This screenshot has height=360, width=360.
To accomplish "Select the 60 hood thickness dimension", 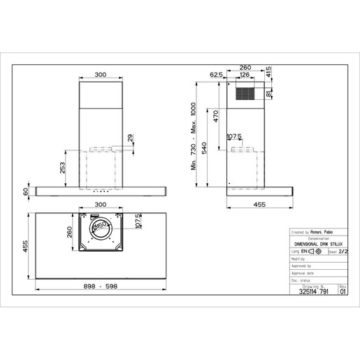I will pyautogui.click(x=27, y=191).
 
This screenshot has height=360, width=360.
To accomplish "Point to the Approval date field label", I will pyautogui.click(x=303, y=273).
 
